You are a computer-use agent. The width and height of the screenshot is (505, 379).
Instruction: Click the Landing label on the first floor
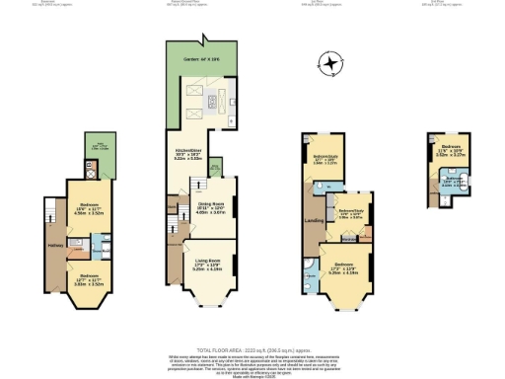(314, 219)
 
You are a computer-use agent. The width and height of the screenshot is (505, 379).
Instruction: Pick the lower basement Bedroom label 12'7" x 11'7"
(90, 278)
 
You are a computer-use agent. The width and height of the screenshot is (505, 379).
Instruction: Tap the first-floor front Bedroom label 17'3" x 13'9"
(345, 268)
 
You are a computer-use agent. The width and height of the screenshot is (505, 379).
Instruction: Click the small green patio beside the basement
(100, 159)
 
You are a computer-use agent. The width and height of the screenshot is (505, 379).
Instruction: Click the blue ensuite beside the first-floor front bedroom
(313, 279)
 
